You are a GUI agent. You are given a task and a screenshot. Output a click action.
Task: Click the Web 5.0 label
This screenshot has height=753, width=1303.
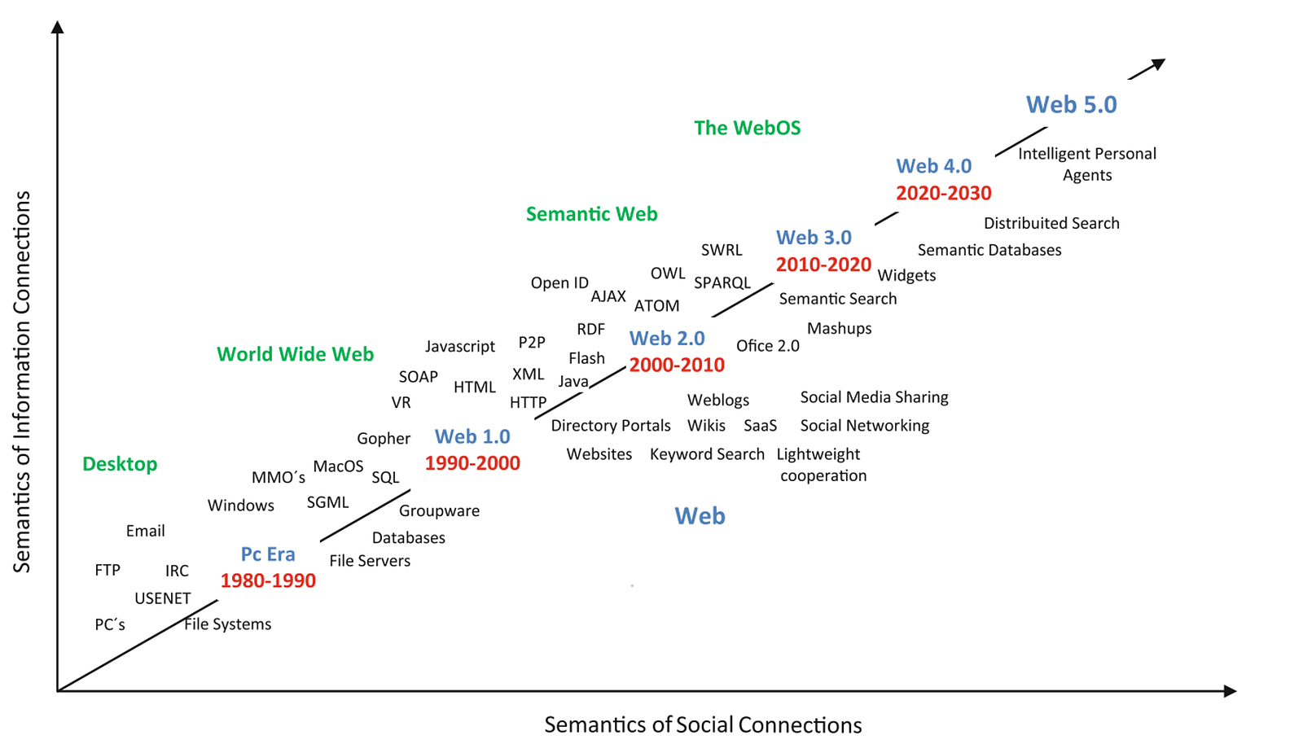pos(1071,105)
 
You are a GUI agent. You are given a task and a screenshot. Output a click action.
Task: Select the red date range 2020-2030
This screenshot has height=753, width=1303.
pos(943,194)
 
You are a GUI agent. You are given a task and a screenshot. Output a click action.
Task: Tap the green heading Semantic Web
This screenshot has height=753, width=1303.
pos(591,214)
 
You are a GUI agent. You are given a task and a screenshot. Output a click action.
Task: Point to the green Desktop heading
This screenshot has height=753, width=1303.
pos(120,464)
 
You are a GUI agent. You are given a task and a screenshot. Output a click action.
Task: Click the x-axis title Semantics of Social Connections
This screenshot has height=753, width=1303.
pos(703,725)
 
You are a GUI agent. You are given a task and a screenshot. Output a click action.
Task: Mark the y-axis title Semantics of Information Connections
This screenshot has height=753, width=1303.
pos(22,382)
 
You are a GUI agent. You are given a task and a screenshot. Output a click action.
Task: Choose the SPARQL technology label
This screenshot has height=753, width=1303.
pos(722,283)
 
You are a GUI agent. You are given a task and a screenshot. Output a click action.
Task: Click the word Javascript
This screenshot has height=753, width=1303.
pos(459,347)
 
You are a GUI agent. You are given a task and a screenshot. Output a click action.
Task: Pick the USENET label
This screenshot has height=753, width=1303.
pos(162,598)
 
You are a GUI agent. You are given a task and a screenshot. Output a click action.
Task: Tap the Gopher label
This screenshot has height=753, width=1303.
pos(383,439)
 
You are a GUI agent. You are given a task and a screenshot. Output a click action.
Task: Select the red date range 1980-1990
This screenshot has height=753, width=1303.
pos(268,581)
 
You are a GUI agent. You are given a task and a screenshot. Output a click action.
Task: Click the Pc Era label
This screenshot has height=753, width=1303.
pos(268,554)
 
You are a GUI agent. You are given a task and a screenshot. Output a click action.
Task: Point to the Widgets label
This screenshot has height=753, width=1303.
pos(906,276)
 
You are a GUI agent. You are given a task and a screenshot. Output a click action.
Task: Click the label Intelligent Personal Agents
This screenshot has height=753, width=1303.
pos(1086,164)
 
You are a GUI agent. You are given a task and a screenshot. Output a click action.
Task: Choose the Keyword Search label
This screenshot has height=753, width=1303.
pos(707,454)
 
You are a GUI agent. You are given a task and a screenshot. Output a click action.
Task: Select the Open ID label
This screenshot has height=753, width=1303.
pos(559,283)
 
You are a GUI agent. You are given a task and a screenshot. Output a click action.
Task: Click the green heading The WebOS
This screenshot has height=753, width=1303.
pos(747,128)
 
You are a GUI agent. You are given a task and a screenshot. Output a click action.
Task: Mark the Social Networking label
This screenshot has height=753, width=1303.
pos(864,426)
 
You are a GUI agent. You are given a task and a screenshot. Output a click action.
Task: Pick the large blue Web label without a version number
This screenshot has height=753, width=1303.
pos(700,516)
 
